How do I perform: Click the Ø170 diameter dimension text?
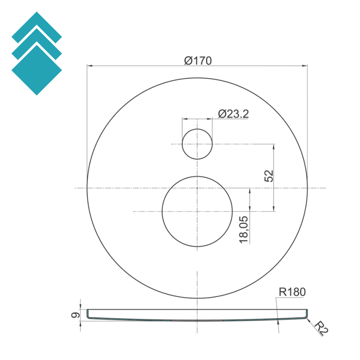click(198, 60)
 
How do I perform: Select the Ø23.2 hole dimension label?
click(233, 114)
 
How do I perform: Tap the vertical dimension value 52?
click(269, 175)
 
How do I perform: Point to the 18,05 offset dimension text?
click(244, 229)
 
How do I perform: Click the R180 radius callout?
click(292, 292)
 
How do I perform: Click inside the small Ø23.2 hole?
click(197, 144)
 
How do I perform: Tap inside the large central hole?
click(197, 211)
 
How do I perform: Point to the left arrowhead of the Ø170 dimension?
click(89, 66)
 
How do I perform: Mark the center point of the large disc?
click(197, 188)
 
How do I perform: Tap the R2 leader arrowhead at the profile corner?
click(308, 319)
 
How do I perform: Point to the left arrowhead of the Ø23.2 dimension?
click(184, 119)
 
